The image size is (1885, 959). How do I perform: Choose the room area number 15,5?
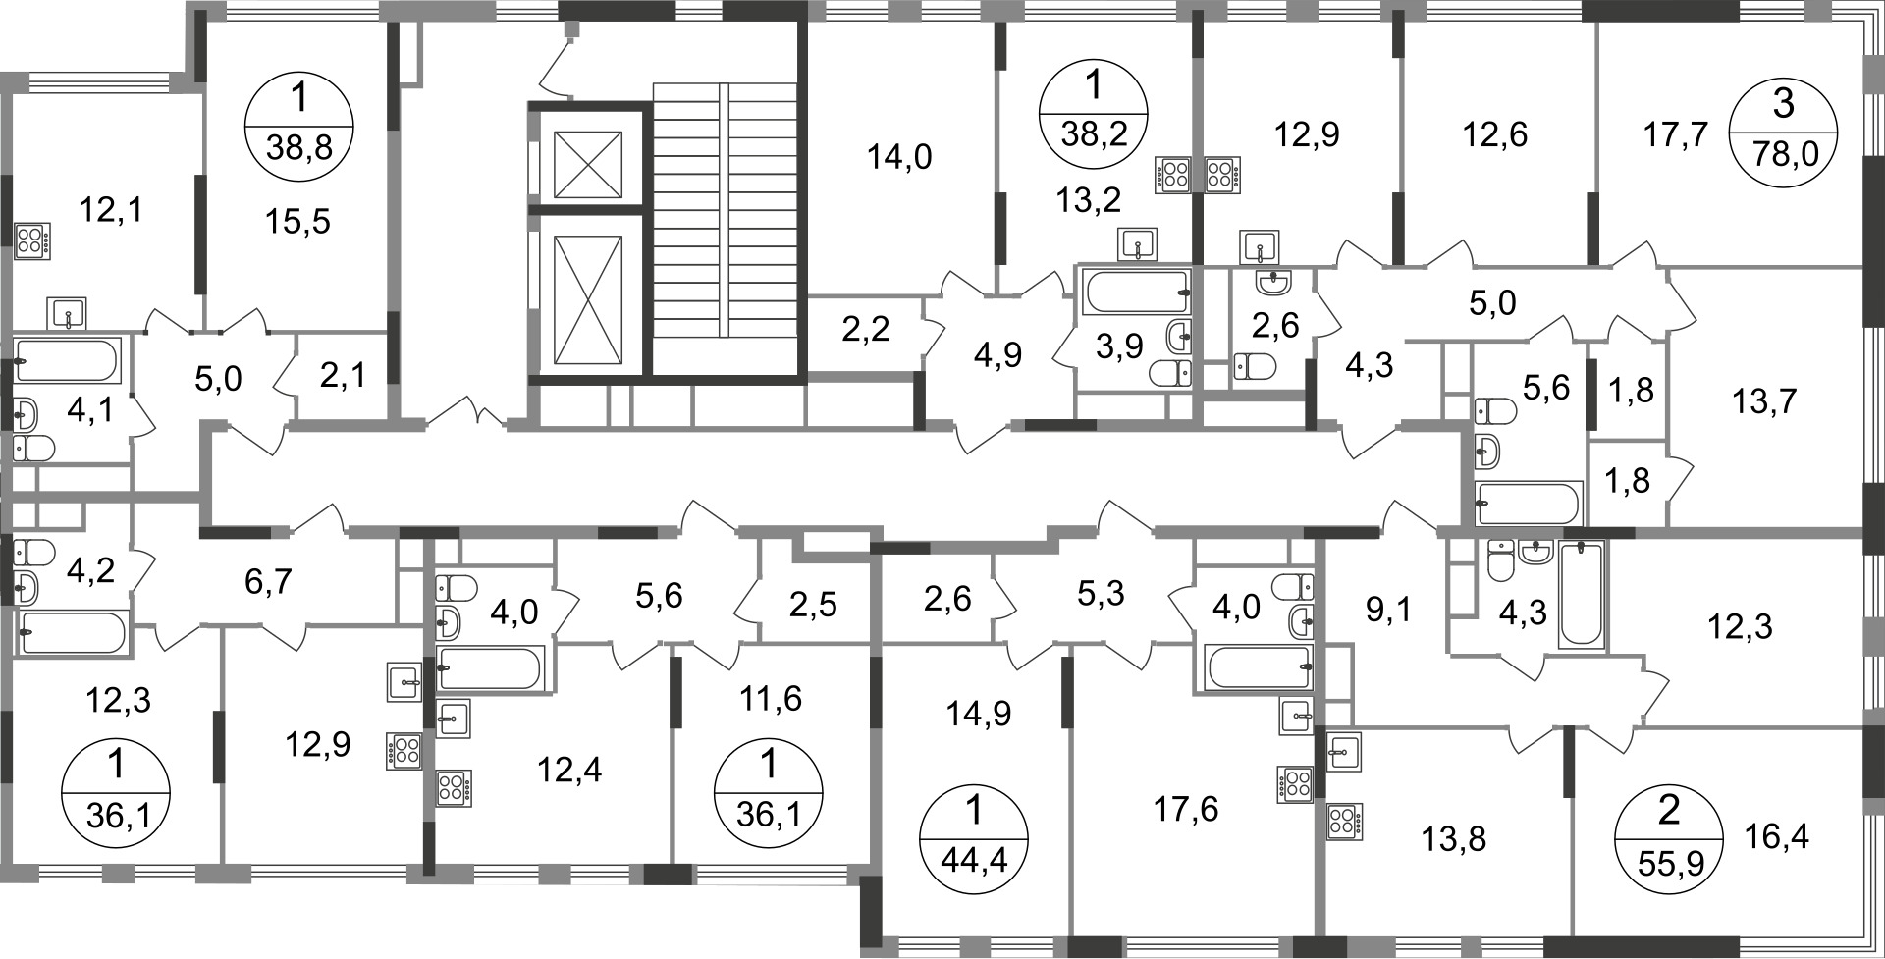[297, 222]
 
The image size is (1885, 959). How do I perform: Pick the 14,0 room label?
[899, 156]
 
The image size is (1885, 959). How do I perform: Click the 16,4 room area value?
[1776, 836]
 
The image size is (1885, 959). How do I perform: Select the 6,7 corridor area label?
[268, 581]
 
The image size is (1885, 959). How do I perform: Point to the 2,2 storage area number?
[865, 329]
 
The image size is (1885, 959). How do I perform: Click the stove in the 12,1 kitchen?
[32, 241]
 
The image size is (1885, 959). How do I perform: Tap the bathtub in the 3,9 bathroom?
[1135, 292]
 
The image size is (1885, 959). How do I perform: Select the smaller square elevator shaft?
[587, 163]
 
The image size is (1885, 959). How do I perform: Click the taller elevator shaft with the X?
[588, 299]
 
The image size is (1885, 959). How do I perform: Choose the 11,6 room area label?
[771, 698]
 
